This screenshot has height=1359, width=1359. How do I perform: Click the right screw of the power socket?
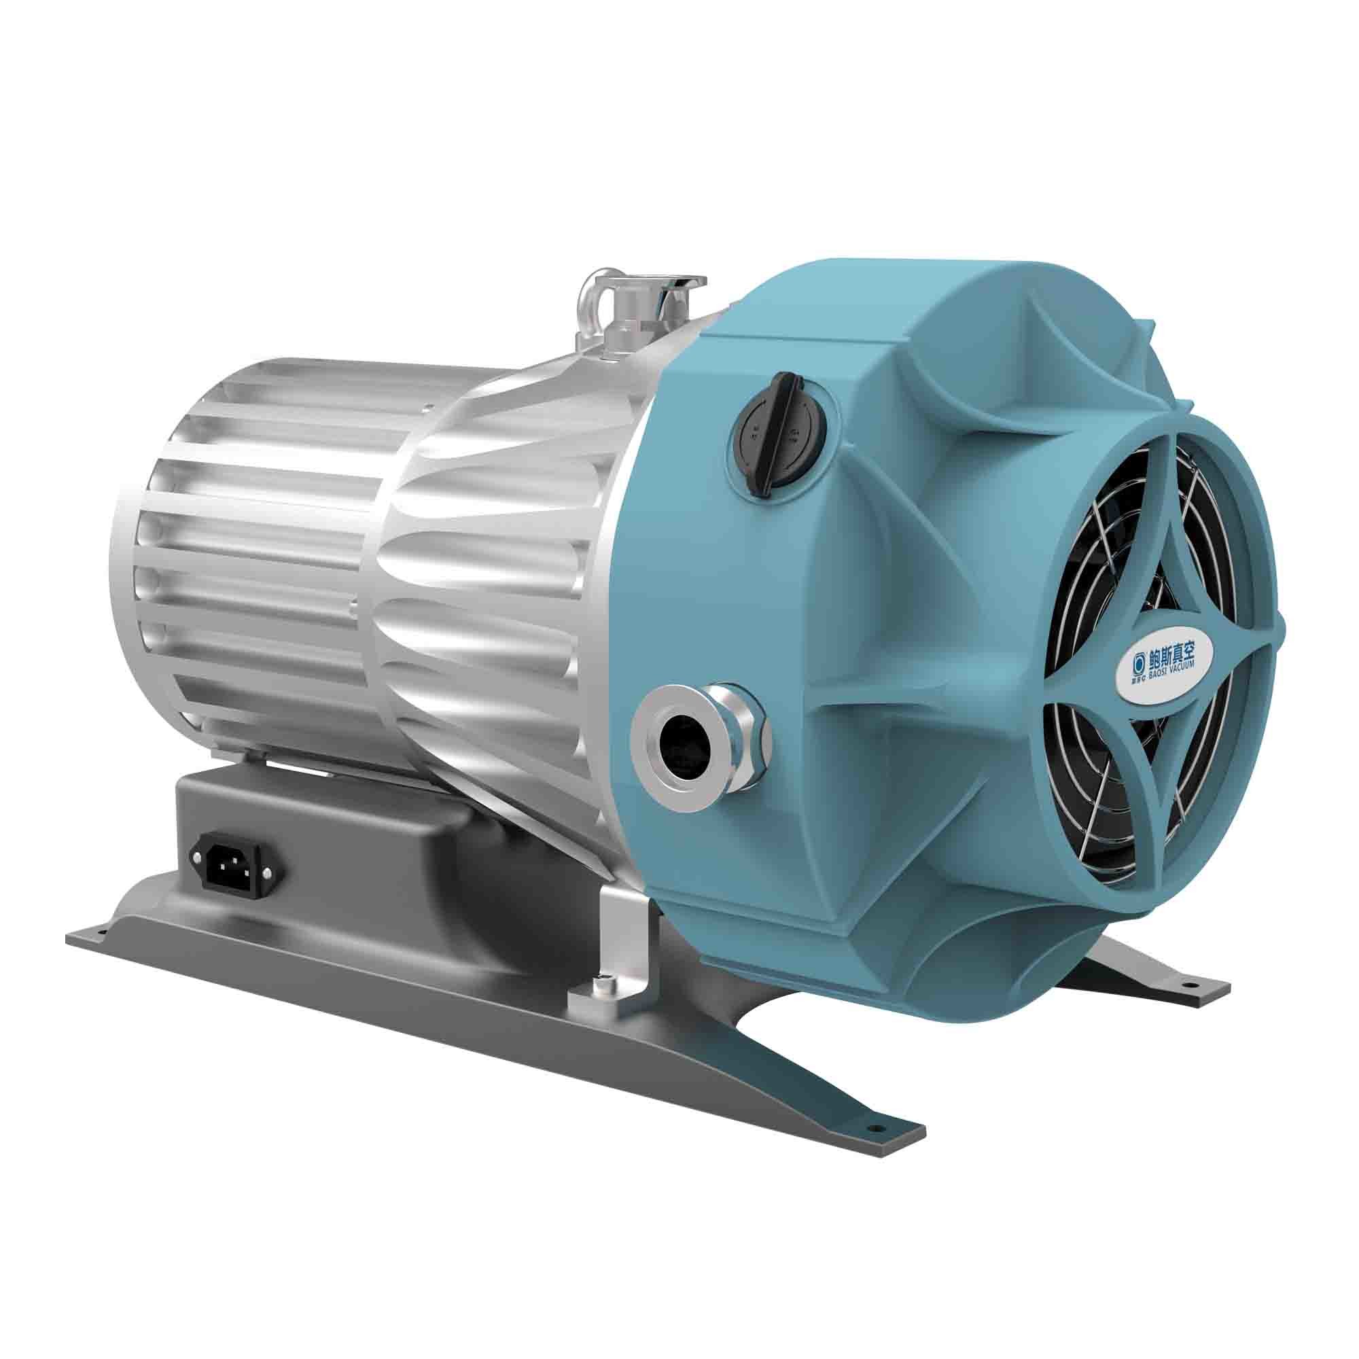[x=268, y=872]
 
